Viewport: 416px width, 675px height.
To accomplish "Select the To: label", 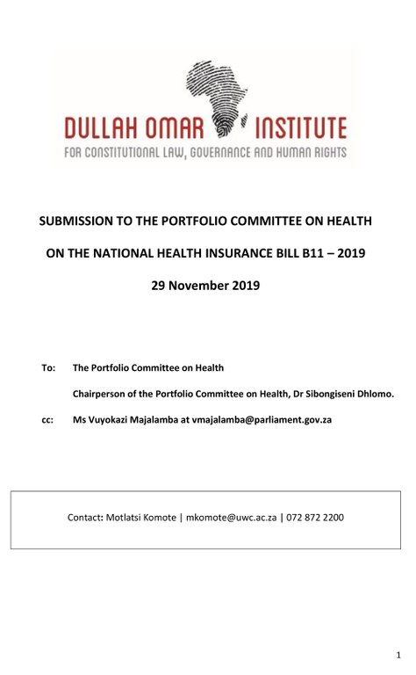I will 48,367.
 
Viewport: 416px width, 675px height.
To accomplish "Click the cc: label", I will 47,420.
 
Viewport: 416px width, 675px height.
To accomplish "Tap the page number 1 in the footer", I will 398,656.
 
